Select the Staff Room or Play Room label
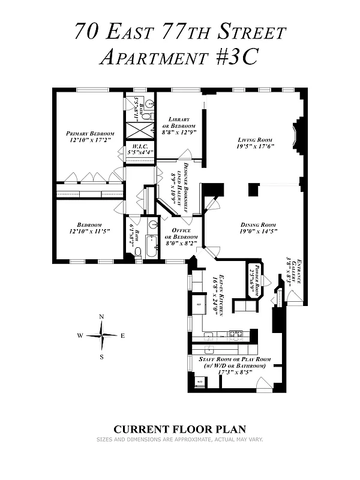pyautogui.click(x=234, y=365)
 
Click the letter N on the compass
pyautogui.click(x=101, y=317)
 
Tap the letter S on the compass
pyautogui.click(x=101, y=357)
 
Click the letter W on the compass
pyautogui.click(x=79, y=336)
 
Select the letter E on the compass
pyautogui.click(x=123, y=336)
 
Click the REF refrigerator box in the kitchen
pyautogui.click(x=199, y=305)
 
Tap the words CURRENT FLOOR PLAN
pyautogui.click(x=180, y=429)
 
